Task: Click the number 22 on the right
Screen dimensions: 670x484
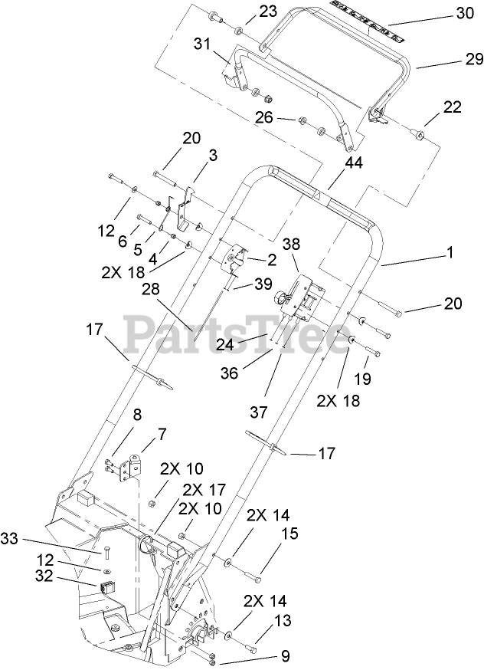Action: tap(453, 107)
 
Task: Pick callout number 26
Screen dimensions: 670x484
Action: tap(264, 119)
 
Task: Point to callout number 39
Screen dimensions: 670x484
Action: tap(263, 284)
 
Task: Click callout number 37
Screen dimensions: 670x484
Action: tap(258, 412)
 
